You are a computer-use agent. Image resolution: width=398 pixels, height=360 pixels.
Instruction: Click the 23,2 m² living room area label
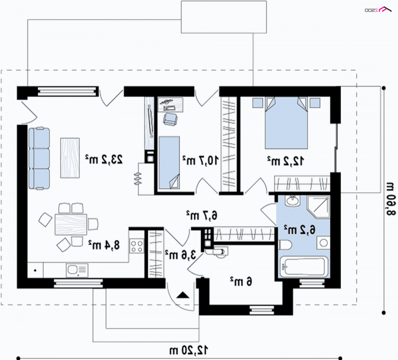[104, 159]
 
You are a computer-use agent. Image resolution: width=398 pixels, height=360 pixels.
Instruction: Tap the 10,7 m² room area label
[200, 160]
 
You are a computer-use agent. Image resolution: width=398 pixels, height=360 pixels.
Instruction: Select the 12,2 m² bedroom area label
[285, 161]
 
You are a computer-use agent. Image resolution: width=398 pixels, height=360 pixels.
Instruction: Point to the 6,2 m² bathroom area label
[299, 230]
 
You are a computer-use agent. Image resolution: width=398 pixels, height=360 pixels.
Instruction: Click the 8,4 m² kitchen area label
[104, 245]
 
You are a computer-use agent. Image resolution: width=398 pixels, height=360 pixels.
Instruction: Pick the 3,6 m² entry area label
[181, 254]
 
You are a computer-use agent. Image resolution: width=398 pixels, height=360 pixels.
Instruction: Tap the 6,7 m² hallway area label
[202, 216]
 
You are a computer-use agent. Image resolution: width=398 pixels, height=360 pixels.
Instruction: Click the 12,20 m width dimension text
[189, 351]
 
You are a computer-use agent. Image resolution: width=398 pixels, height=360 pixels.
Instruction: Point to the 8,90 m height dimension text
[391, 199]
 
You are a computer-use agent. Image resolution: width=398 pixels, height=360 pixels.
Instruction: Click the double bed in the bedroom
[287, 122]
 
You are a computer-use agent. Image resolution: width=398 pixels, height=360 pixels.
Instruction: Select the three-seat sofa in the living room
[39, 158]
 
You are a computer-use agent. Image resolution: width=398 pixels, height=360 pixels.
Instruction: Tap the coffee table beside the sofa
[70, 158]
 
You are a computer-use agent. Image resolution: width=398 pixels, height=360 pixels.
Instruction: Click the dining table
[71, 225]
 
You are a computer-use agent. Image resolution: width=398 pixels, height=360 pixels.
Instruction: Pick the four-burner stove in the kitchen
[136, 246]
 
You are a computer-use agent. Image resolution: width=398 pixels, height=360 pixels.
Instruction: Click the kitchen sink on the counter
[77, 270]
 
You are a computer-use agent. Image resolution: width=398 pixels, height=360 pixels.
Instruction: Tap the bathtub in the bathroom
[304, 266]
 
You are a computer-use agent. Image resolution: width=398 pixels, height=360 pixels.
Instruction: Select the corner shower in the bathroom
[318, 207]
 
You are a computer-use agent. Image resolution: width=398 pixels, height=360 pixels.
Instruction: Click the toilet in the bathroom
[285, 245]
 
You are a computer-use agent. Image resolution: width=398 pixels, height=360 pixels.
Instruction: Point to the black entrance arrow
[183, 295]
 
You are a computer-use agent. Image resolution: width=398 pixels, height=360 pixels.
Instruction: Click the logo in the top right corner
[378, 9]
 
